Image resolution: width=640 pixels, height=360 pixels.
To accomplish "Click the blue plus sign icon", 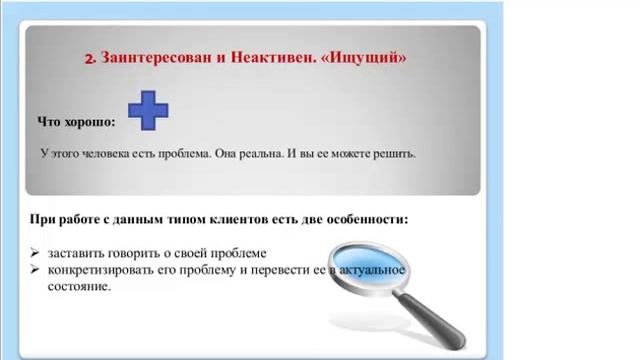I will point(148,111).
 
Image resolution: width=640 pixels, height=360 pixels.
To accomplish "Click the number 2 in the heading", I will point(89,59).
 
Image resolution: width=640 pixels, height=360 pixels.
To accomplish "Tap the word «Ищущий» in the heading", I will point(370,58).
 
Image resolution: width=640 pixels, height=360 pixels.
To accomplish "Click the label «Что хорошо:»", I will point(76,122).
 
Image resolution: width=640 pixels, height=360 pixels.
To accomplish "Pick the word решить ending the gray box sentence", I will point(394,155).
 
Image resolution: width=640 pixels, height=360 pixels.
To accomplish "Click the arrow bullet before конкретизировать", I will point(35,270).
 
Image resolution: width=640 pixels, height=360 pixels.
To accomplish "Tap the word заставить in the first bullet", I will point(74,253).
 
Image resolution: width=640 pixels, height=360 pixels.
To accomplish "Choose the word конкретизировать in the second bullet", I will point(103,270).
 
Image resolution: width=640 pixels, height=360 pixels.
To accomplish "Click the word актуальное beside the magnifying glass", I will point(375,270).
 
